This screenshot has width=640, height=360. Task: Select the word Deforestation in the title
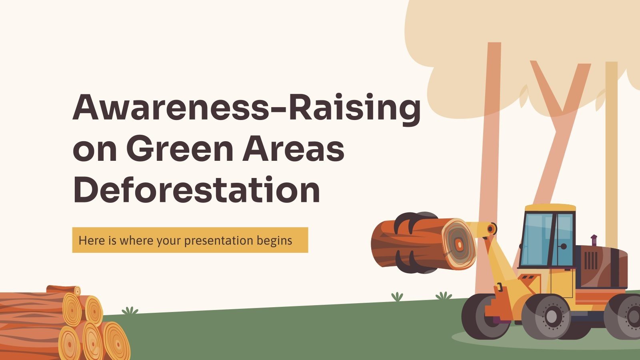[196, 190]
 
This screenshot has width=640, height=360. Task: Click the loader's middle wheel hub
[551, 316]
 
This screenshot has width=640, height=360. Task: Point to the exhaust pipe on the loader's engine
[594, 240]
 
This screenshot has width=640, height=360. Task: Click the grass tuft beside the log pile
[130, 310]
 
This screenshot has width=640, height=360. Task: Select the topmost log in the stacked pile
[64, 290]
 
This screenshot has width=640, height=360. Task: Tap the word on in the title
[94, 151]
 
